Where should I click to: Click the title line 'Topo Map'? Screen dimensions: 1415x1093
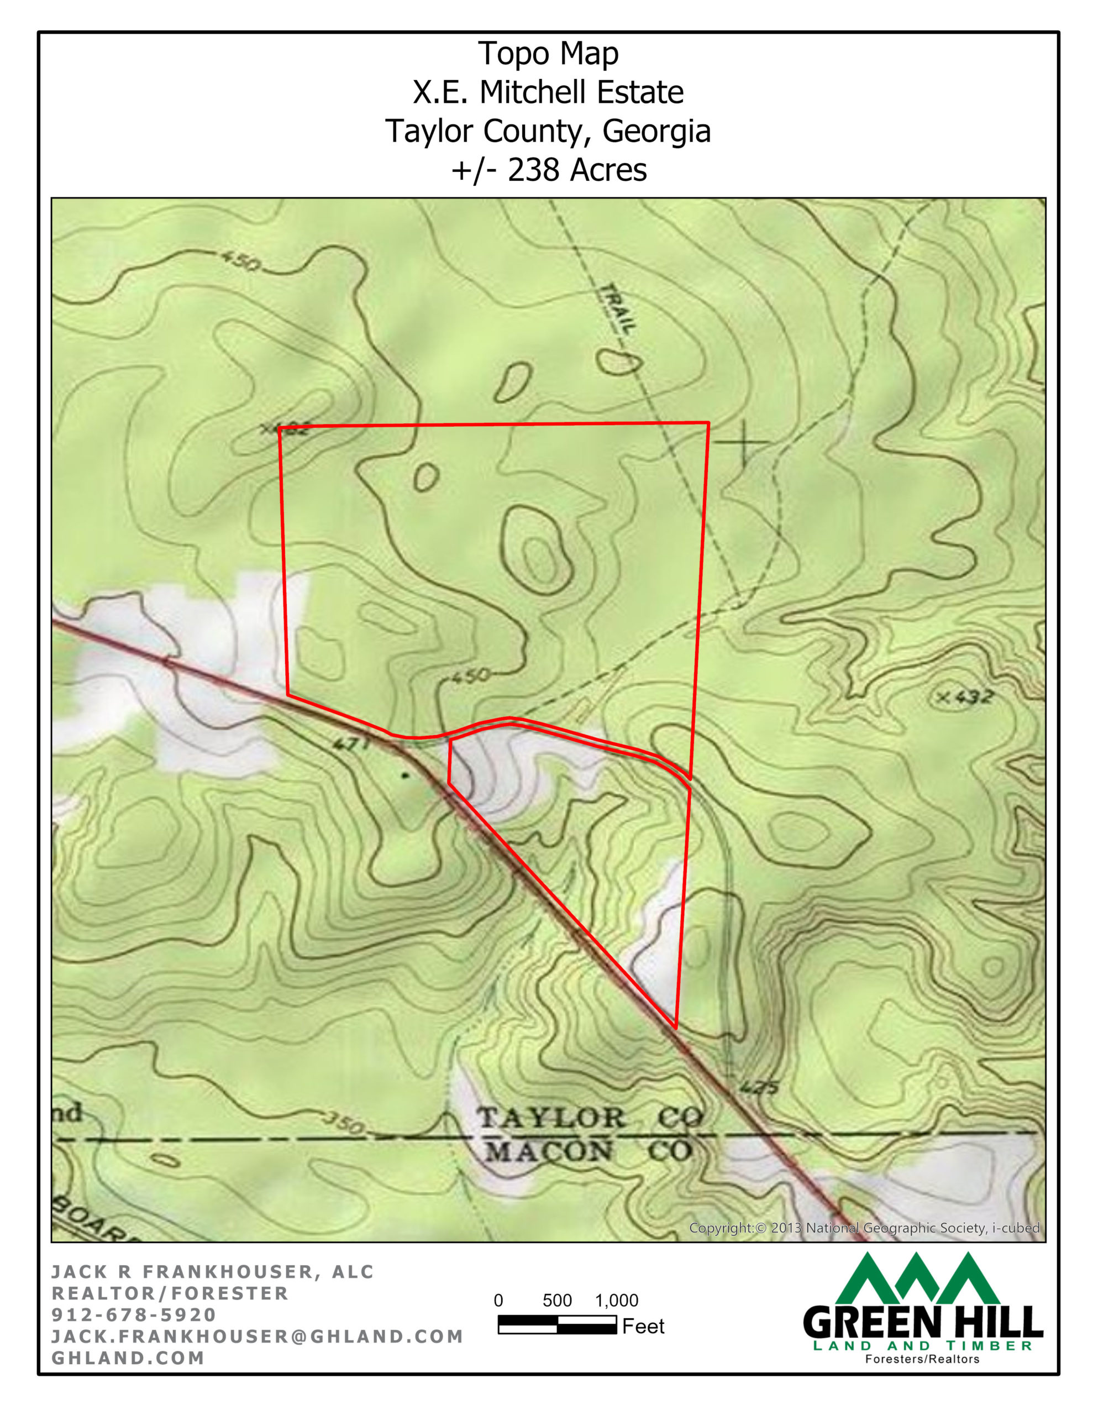point(548,54)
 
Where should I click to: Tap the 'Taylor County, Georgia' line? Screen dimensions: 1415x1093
point(548,131)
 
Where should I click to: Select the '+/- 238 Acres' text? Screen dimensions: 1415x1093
point(548,170)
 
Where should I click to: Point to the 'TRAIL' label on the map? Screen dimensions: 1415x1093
point(617,309)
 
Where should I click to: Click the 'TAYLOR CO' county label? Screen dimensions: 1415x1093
point(590,1118)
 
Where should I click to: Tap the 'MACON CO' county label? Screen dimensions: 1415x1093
point(588,1151)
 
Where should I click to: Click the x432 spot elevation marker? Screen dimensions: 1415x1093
point(965,697)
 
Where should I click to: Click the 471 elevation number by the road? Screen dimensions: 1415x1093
point(351,744)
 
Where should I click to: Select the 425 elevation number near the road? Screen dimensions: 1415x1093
point(758,1088)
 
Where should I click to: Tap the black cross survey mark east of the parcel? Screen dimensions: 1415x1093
point(743,443)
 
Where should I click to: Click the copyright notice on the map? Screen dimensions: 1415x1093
point(864,1228)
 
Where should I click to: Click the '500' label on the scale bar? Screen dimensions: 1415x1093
point(557,1301)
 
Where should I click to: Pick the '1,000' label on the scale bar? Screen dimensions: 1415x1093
point(616,1301)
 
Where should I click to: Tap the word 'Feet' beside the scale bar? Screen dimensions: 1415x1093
point(643,1326)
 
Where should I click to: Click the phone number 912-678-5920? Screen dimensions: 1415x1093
point(134,1314)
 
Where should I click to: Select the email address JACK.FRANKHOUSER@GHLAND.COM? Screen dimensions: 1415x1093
point(257,1336)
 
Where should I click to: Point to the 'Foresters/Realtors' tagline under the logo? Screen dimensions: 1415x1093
point(922,1359)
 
